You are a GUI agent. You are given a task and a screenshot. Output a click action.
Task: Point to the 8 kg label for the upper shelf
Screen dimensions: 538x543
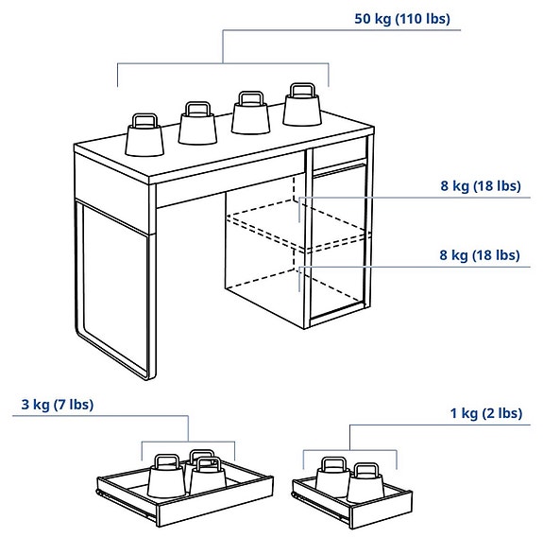click(x=480, y=186)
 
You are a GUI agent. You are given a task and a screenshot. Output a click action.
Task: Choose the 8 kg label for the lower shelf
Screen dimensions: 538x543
click(x=480, y=255)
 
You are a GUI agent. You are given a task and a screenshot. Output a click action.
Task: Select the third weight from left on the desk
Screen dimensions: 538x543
click(x=250, y=116)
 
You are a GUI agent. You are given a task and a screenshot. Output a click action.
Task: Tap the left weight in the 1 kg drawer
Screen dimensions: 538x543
click(x=331, y=478)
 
